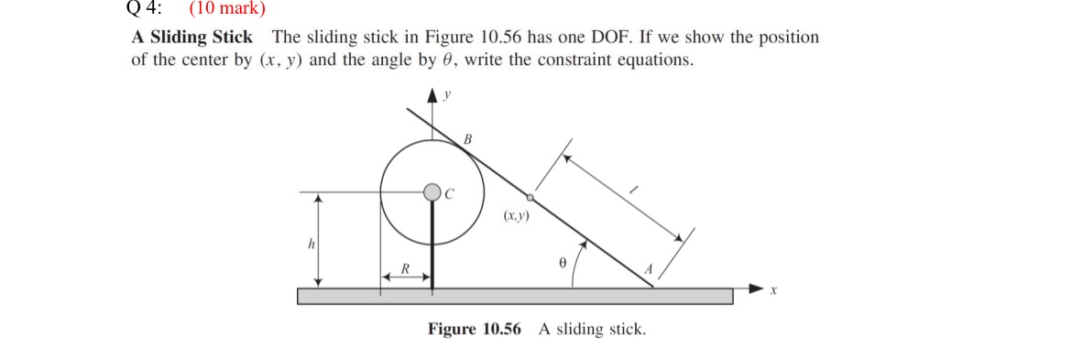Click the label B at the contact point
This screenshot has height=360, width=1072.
[x=467, y=139]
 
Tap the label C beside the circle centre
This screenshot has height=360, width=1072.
[x=449, y=192]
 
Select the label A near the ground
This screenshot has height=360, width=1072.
[x=647, y=269]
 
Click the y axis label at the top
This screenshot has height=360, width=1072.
[x=447, y=93]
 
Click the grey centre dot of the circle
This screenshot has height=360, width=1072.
[x=432, y=191]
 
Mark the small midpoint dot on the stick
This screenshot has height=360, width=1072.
[x=530, y=196]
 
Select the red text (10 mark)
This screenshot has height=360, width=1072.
[x=226, y=9]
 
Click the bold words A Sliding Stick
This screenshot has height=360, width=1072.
[x=192, y=38]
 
